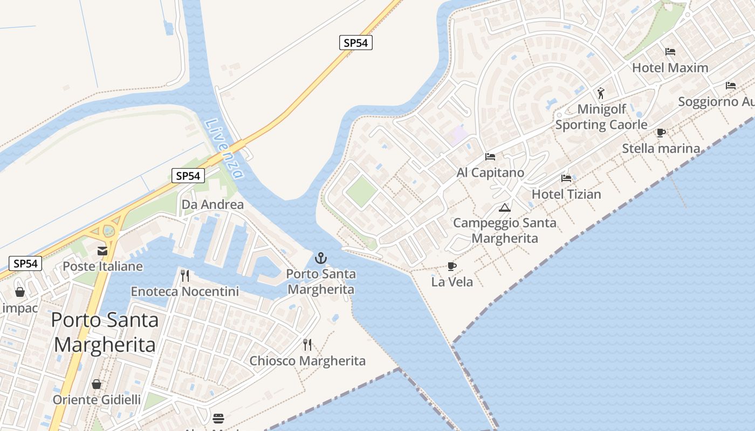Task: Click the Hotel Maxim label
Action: click(x=670, y=68)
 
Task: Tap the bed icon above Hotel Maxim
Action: click(x=670, y=52)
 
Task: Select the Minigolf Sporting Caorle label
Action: click(x=601, y=117)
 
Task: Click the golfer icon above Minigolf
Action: click(x=601, y=93)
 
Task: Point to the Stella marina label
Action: click(x=661, y=148)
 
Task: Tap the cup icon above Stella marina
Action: click(x=661, y=133)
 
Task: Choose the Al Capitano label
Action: click(x=490, y=172)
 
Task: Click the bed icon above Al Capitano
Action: click(x=490, y=157)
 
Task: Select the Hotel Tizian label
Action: click(x=566, y=194)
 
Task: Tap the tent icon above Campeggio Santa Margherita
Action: click(x=505, y=207)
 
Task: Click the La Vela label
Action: click(x=452, y=282)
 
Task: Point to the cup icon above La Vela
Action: click(x=452, y=266)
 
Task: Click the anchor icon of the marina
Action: click(x=321, y=258)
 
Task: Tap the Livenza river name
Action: click(x=224, y=149)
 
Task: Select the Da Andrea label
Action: click(x=212, y=205)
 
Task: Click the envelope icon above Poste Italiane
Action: click(x=102, y=251)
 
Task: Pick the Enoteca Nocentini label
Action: click(x=184, y=291)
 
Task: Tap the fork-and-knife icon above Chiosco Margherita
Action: click(x=307, y=345)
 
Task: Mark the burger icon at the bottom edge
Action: click(x=218, y=418)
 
